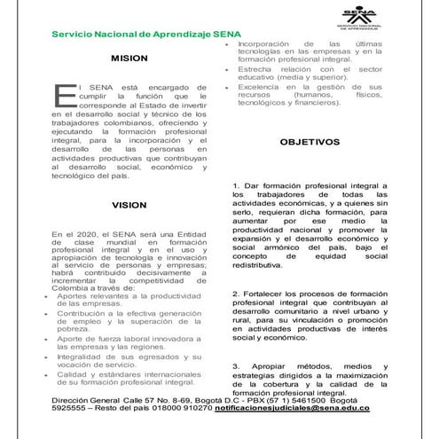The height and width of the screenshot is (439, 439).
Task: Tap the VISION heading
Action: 129,205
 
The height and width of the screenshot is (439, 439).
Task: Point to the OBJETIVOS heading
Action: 309,142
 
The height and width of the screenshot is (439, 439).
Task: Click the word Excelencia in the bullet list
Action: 258,87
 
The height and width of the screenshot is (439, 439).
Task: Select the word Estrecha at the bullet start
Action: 255,68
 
